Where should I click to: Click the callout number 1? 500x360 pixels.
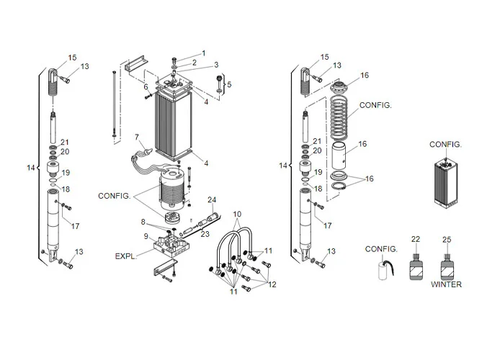pos(203,53)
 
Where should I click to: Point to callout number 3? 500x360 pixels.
pos(215,66)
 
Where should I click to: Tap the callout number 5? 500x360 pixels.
pos(230,85)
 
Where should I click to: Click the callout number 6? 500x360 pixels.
pos(146,86)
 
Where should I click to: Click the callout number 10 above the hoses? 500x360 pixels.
pos(237,215)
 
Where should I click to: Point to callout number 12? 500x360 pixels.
pos(272,284)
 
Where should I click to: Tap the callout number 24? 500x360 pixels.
pos(211,199)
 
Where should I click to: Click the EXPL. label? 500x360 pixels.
pos(125,256)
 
